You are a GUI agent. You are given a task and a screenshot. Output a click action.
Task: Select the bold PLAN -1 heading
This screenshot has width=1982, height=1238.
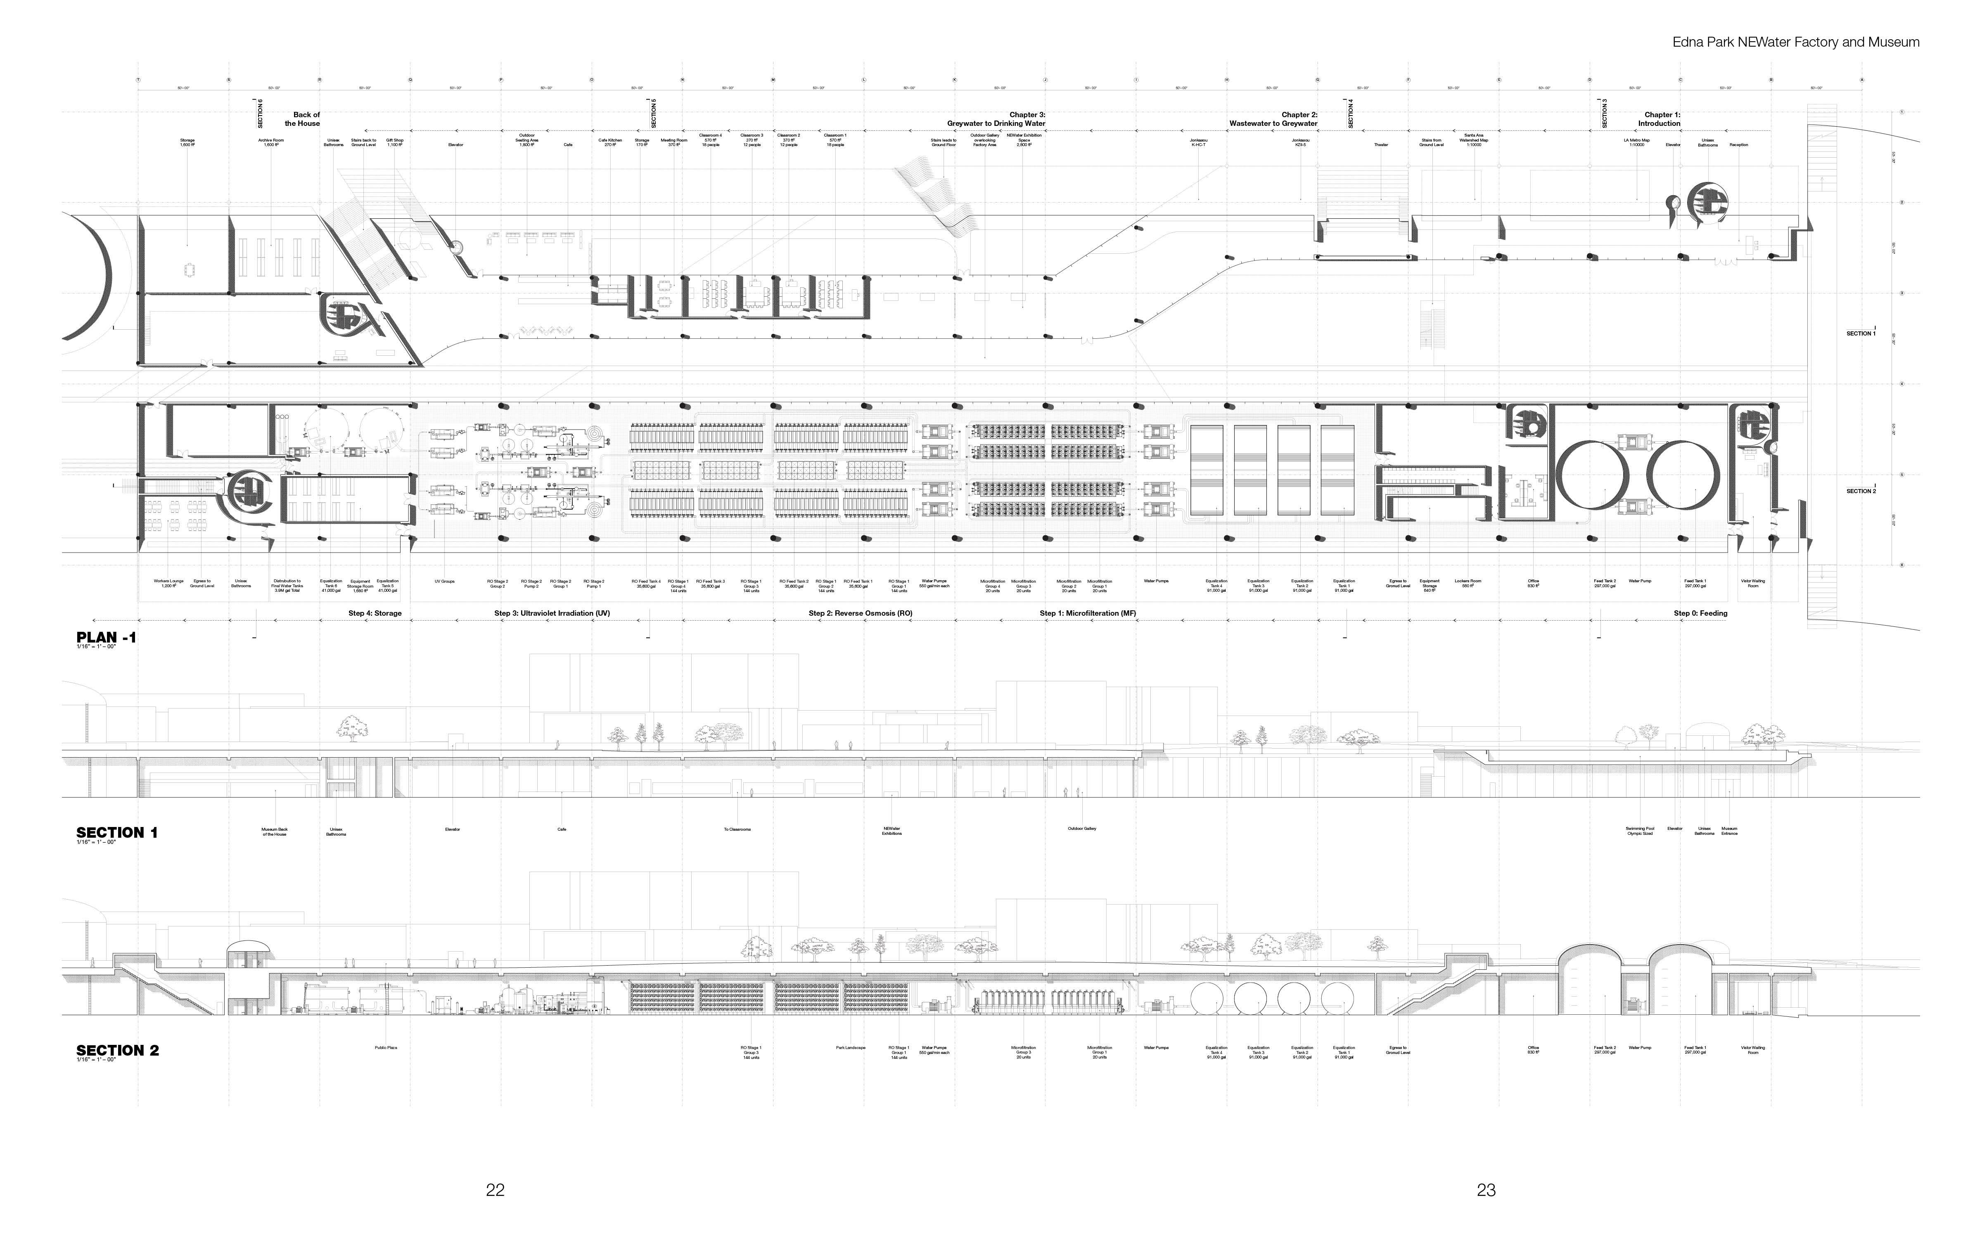106,638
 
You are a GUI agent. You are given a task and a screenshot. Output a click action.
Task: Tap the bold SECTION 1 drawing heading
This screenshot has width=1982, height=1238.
116,833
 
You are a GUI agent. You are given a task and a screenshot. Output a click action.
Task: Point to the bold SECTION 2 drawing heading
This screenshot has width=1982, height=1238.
117,1051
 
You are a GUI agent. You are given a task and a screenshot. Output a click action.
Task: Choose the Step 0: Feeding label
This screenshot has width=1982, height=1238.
1700,613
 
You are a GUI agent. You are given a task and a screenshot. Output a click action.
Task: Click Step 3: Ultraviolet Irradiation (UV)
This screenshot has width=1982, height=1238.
552,613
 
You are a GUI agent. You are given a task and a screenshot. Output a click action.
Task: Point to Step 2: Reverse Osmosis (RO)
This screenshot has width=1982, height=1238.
860,613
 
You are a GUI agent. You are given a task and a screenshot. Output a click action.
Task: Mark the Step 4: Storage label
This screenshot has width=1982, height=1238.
375,613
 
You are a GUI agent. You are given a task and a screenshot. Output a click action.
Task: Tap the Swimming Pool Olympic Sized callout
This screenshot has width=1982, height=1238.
1639,831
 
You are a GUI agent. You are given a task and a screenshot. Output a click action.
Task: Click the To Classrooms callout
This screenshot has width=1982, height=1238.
737,829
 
